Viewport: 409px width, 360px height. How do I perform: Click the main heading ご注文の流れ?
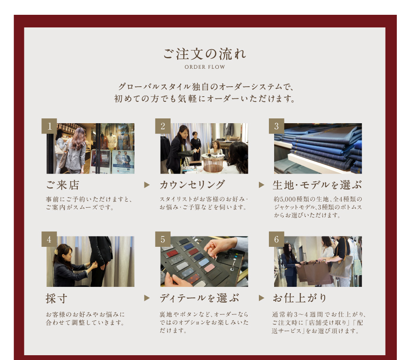(x=205, y=54)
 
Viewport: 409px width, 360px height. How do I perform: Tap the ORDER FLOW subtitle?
(x=205, y=67)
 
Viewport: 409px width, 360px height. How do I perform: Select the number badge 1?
(x=49, y=126)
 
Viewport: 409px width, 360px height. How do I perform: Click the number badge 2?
(x=163, y=126)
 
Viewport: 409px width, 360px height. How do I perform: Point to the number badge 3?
(x=276, y=126)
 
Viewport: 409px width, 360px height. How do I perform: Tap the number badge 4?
(x=49, y=239)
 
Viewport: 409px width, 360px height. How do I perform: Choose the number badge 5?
(x=163, y=239)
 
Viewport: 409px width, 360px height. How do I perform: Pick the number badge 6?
(x=276, y=239)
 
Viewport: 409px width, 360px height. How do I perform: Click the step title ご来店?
(x=63, y=185)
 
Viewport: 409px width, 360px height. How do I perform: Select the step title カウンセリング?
(x=192, y=185)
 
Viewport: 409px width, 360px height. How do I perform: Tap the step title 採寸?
(x=57, y=299)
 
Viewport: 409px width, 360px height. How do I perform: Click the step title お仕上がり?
(x=300, y=298)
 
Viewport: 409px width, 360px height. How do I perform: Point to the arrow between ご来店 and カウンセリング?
(x=147, y=185)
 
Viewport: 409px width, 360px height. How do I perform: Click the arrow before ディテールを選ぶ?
(x=147, y=298)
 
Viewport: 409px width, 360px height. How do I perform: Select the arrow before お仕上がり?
(x=261, y=298)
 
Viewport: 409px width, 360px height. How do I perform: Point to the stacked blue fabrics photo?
(x=318, y=148)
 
